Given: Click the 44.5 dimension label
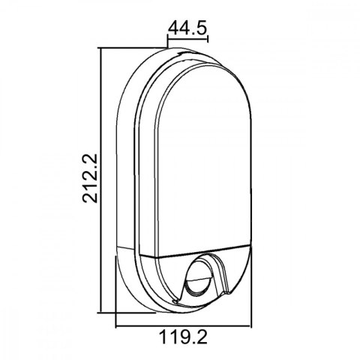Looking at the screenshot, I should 187,28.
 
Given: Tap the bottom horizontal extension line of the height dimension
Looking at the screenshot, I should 112,313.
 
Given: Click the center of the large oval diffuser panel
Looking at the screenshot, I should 202,165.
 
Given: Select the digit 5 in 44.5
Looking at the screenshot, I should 202,28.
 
